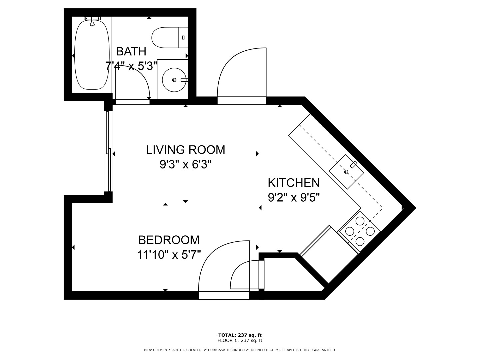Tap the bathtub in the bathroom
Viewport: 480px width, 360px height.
pyautogui.click(x=92, y=55)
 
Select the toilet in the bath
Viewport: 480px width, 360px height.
pyautogui.click(x=170, y=38)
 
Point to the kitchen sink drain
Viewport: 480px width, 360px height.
pyautogui.click(x=346, y=172)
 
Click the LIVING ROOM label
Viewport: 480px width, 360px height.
pyautogui.click(x=185, y=150)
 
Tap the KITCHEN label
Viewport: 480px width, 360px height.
pyautogui.click(x=294, y=183)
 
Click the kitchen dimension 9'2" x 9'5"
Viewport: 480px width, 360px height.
pyautogui.click(x=294, y=198)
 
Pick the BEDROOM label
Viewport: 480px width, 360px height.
pyautogui.click(x=169, y=240)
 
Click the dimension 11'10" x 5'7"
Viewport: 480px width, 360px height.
pyautogui.click(x=169, y=255)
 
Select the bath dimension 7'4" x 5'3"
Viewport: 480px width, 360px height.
pyautogui.click(x=131, y=66)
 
